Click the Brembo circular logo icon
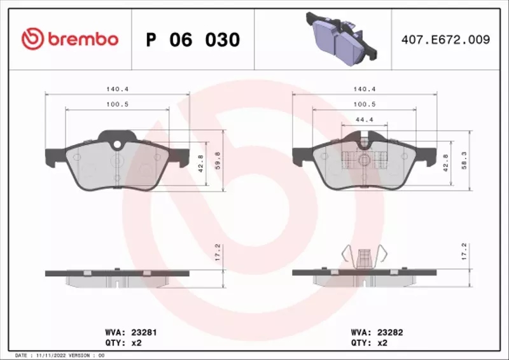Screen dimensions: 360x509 pos(32,39)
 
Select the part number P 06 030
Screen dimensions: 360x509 pos(193,40)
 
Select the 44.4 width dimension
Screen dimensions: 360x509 pos(364,119)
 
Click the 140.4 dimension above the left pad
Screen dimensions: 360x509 pos(117,90)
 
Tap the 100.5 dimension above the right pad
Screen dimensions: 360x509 pos(364,104)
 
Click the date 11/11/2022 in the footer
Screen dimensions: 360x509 pos(49,355)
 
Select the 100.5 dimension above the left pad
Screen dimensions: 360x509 pos(117,104)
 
